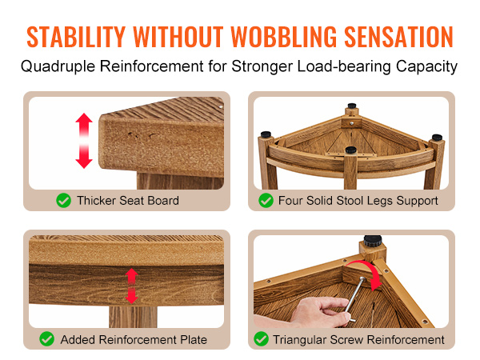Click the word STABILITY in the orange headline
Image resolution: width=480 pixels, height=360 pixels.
coord(76,37)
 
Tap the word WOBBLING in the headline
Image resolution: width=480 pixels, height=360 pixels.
coord(284,37)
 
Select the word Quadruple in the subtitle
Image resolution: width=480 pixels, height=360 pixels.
coord(58,66)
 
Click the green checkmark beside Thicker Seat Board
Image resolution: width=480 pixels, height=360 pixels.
coord(64,201)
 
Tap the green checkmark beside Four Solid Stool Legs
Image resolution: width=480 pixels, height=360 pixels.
coord(266,201)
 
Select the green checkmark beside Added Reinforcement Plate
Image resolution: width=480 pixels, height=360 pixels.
coord(47,339)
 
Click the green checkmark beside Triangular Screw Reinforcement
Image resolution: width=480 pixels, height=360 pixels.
coord(261,339)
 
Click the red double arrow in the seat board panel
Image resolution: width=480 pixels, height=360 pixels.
coord(84,141)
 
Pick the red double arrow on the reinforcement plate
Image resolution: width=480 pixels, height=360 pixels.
coord(132,286)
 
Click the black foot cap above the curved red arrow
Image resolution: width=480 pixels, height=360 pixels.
coord(373,241)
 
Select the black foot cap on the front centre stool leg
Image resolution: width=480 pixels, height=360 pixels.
coord(351,150)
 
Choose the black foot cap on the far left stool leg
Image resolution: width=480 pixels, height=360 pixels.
coord(266,134)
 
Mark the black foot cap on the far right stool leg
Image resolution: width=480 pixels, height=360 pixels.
coord(437,137)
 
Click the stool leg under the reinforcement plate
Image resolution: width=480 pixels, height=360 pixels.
coord(133,317)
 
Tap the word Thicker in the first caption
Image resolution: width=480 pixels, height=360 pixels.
coord(97,201)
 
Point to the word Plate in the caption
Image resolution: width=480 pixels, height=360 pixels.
coord(194,339)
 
